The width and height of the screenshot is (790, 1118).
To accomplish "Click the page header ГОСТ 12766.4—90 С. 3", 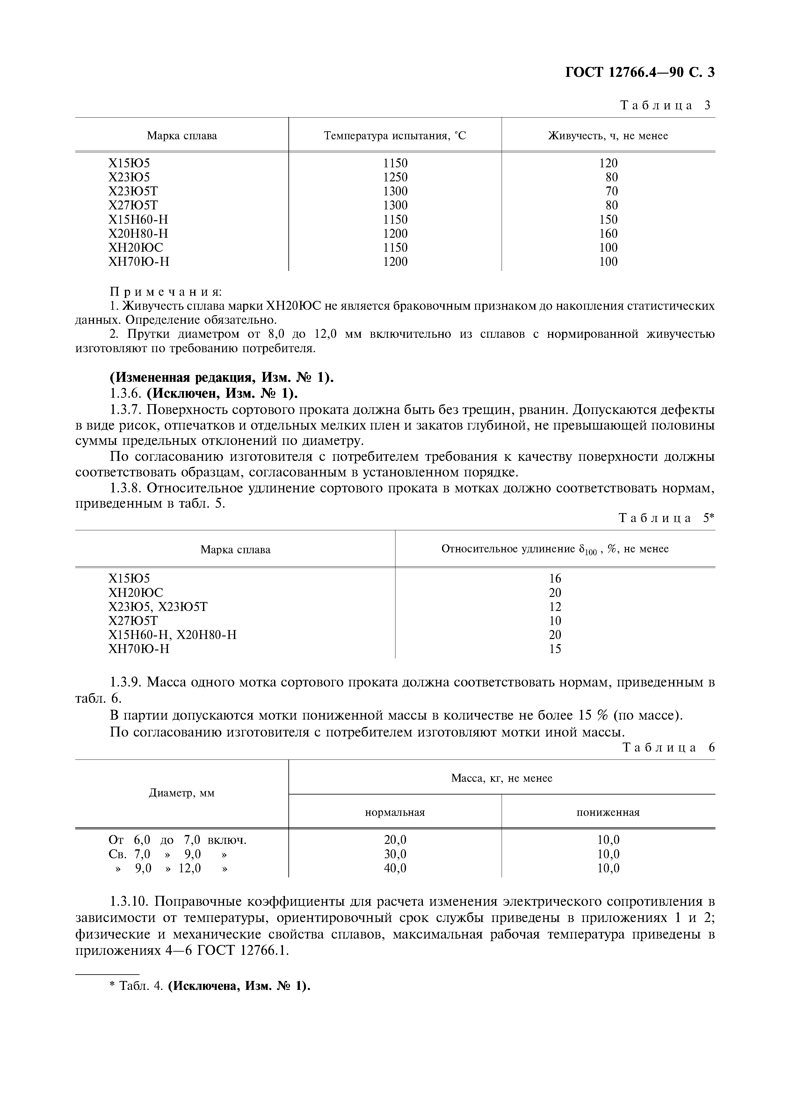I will (640, 73).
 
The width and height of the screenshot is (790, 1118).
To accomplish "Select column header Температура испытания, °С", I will (395, 135).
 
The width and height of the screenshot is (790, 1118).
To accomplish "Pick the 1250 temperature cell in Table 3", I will (395, 177).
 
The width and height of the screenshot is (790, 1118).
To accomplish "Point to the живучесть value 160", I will (608, 234).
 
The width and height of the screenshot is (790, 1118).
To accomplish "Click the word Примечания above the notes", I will (165, 292).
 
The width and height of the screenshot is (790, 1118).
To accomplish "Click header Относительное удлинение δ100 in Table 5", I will (554, 549).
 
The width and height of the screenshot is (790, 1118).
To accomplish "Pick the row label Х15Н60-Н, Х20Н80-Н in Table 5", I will (172, 635).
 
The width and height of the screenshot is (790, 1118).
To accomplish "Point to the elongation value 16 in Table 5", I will (555, 578).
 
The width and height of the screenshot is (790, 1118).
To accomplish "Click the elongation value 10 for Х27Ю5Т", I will (555, 621).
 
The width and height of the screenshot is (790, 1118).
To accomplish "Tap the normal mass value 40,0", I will (395, 868).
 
